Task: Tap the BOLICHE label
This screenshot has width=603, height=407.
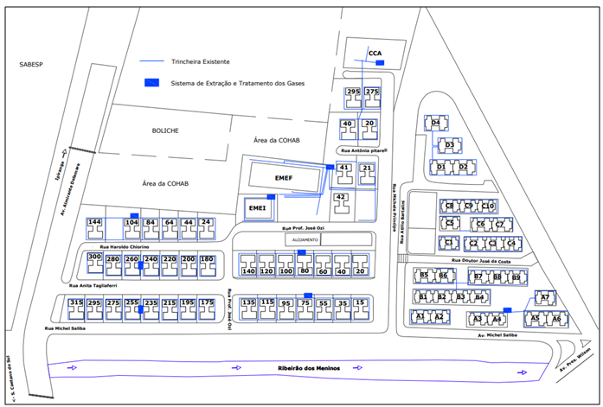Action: pos(164,130)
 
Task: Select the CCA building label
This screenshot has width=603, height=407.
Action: pos(375,54)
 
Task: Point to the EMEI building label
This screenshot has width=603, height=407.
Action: pos(257,208)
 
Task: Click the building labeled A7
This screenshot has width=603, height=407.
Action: pos(544,298)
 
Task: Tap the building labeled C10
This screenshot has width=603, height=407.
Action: pos(488,206)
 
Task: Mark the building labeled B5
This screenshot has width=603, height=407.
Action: pos(424,276)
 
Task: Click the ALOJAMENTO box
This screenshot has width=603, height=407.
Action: pos(305,238)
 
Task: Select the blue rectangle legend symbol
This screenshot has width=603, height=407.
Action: pos(152,83)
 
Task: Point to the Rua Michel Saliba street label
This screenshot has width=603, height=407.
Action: pos(67,329)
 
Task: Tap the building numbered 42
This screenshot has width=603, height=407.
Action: pos(341,199)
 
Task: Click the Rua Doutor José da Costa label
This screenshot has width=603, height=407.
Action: pos(483,260)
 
